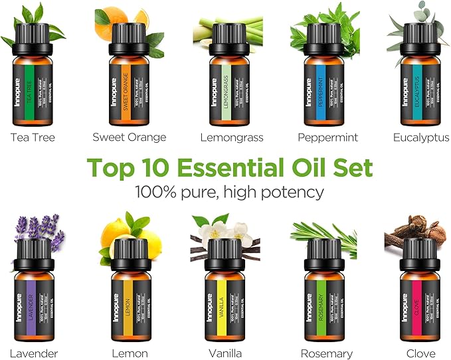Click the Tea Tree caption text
pyautogui.click(x=33, y=137)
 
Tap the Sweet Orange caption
pyautogui.click(x=129, y=137)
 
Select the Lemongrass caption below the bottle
pyautogui.click(x=231, y=137)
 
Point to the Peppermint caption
pyautogui.click(x=328, y=137)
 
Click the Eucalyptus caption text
pyautogui.click(x=420, y=137)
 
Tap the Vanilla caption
pyautogui.click(x=225, y=353)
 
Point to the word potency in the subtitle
pyautogui.click(x=290, y=192)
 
